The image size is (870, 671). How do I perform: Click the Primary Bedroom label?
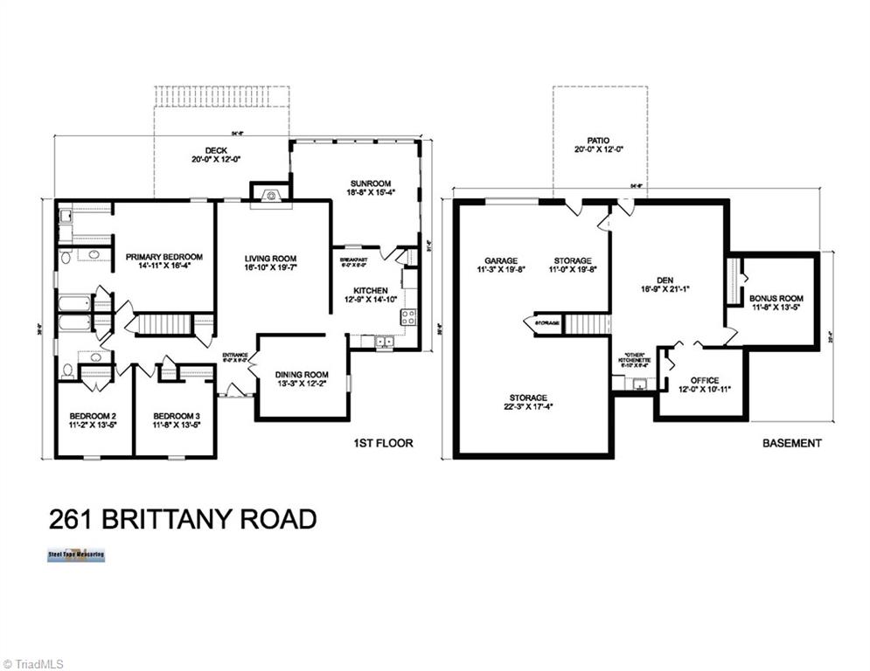(164, 257)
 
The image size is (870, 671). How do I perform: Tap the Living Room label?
(270, 259)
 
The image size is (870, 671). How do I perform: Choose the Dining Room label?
(302, 375)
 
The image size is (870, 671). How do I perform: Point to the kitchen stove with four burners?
(407, 316)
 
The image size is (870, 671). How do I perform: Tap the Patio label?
(598, 140)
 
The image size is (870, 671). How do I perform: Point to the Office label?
(704, 380)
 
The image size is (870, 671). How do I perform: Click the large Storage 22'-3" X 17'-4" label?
(529, 398)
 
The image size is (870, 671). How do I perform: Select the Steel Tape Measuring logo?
(76, 555)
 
